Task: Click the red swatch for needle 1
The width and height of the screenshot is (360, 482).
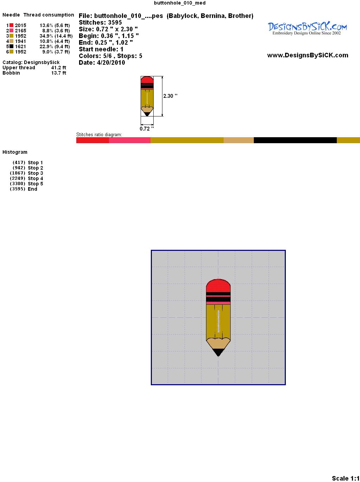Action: (x=11, y=25)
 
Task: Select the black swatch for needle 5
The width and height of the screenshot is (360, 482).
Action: (x=11, y=46)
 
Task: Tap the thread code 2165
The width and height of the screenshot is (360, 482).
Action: (x=20, y=31)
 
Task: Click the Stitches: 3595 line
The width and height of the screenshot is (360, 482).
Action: (x=100, y=23)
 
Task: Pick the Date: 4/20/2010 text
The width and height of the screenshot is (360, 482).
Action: (x=102, y=63)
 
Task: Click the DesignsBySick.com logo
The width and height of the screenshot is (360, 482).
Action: (x=307, y=28)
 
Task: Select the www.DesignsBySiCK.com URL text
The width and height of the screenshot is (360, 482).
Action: (x=308, y=55)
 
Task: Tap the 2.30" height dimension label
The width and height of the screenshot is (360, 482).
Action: (x=170, y=96)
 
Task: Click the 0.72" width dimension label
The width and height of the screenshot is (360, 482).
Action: (x=147, y=129)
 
